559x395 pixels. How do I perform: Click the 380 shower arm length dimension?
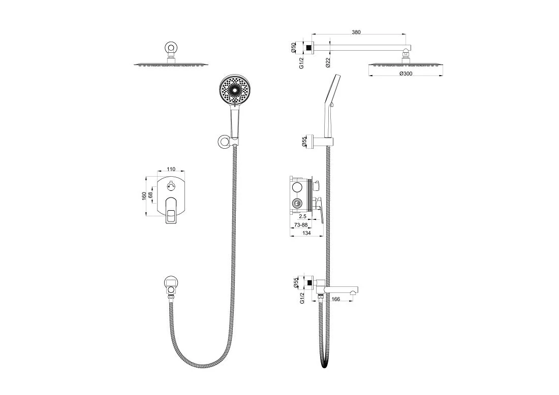[x=356, y=32]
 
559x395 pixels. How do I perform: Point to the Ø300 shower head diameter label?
[x=406, y=74]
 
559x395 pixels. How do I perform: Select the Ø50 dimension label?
[x=293, y=48]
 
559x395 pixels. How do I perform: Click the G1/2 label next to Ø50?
[x=301, y=62]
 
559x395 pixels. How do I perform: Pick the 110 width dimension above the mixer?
[x=171, y=169]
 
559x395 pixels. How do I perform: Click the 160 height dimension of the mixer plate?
[x=144, y=196]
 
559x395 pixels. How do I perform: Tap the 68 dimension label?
[x=150, y=195]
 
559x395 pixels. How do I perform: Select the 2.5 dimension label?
[x=303, y=216]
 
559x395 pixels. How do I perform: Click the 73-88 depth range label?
[x=301, y=225]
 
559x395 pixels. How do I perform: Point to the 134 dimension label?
[x=306, y=233]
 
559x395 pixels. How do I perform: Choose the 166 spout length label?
[x=336, y=299]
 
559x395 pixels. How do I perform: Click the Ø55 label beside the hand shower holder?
[x=304, y=142]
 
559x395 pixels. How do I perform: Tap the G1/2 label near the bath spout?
[x=302, y=298]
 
